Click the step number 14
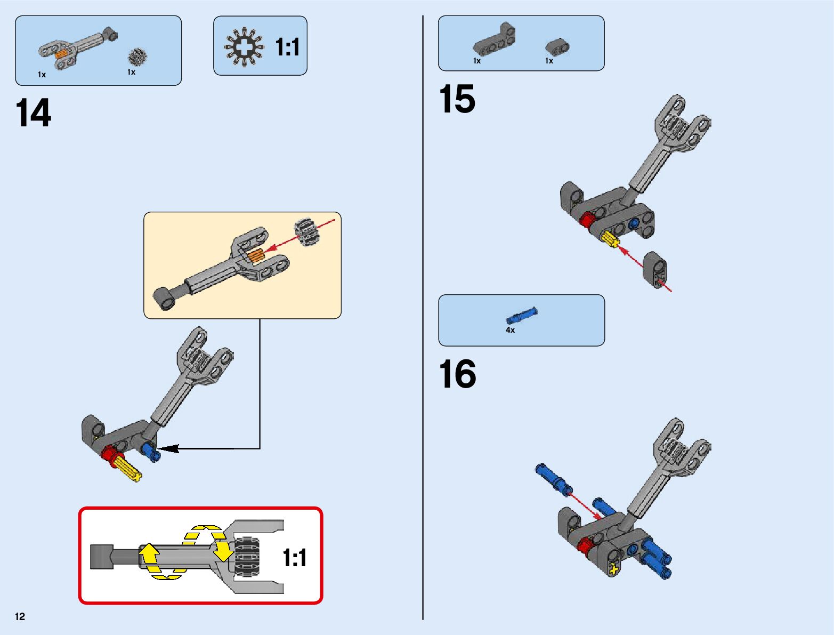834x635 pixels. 34,113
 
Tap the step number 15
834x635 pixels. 457,99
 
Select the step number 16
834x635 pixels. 457,374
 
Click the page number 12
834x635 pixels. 20,617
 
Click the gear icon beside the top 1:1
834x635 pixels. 244,46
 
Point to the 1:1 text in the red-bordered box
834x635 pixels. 295,558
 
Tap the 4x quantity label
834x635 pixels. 510,330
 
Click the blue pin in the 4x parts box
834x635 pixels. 521,316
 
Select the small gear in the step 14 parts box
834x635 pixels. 137,57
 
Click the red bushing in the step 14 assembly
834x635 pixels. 111,455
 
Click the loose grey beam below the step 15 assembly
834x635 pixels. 655,270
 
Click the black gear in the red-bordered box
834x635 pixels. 247,556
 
